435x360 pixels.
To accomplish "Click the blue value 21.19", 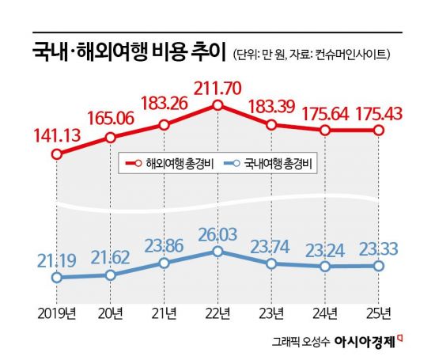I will tap(57, 260).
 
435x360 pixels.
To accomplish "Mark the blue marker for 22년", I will tap(217, 252).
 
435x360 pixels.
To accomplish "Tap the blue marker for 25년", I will tap(378, 266).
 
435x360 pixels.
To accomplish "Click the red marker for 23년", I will tap(271, 125).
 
